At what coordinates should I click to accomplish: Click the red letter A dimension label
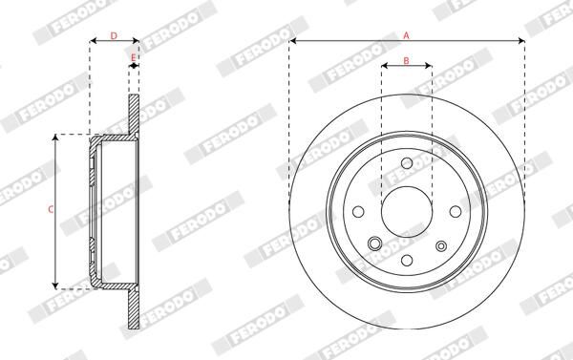(407, 34)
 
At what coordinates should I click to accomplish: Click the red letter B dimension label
(406, 61)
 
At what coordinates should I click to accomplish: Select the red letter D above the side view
(114, 35)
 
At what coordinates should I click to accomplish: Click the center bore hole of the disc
(406, 210)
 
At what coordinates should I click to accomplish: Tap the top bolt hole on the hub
(406, 163)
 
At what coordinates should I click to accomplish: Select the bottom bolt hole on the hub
(406, 259)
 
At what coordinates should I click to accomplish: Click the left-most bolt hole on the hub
(358, 211)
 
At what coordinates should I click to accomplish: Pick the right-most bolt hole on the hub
(454, 211)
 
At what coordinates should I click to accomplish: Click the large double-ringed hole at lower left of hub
(376, 243)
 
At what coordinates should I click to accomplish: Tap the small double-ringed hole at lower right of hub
(440, 244)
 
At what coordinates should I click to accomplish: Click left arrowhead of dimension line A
(292, 42)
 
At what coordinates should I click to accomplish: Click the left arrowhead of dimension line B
(384, 68)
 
